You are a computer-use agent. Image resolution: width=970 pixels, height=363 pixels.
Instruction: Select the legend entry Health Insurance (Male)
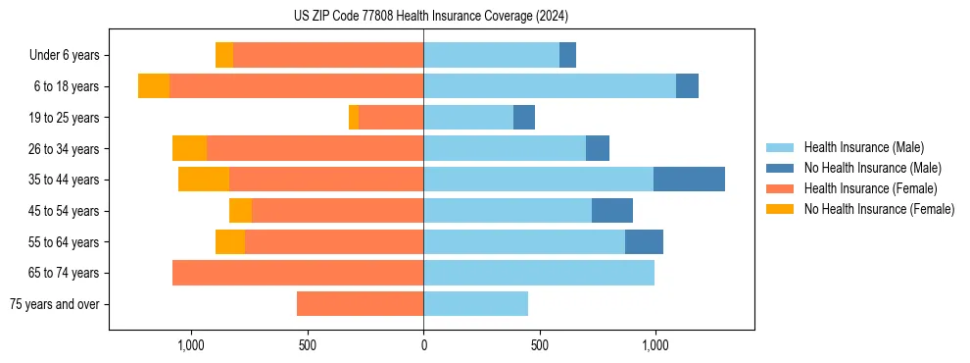[863, 147]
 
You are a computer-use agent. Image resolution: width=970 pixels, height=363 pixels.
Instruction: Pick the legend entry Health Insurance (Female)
[870, 188]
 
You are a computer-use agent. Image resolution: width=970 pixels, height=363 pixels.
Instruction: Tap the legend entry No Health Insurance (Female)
[879, 209]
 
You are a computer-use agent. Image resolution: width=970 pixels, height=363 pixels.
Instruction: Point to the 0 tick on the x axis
[423, 345]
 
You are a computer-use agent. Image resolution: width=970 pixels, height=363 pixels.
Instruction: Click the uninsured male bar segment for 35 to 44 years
[689, 180]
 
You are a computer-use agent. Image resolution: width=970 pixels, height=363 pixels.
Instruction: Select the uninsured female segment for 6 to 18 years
[154, 86]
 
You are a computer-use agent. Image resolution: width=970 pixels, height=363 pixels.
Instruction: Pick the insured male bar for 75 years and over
[475, 304]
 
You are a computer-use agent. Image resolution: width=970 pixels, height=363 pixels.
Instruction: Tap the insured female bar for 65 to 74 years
[298, 273]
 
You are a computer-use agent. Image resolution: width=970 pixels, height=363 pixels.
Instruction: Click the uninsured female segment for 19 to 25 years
[354, 118]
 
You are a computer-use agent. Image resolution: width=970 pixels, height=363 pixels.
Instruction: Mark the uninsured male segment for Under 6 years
[567, 56]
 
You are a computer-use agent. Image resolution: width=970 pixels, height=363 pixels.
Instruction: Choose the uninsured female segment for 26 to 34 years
[189, 148]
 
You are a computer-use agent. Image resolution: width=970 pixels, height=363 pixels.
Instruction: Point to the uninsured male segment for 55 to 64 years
[644, 241]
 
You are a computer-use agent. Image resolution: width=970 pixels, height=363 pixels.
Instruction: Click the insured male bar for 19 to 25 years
[468, 118]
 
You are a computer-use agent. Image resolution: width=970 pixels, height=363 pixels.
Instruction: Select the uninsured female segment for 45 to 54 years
[240, 211]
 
